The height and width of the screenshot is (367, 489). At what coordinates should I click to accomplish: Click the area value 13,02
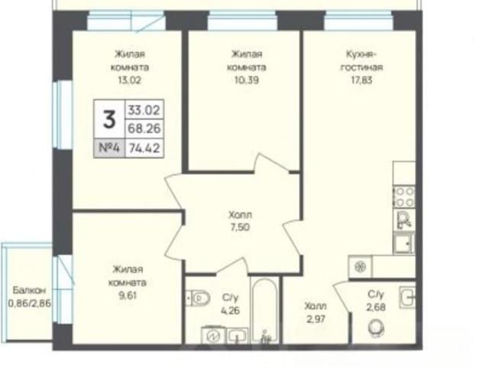pyautogui.click(x=129, y=80)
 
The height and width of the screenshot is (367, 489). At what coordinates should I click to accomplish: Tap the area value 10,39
pyautogui.click(x=246, y=80)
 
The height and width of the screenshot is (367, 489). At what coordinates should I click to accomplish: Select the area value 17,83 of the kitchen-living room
pyautogui.click(x=361, y=80)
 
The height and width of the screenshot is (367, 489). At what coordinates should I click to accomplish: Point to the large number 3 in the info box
pyautogui.click(x=109, y=119)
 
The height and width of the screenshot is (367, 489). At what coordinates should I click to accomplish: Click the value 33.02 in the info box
pyautogui.click(x=144, y=110)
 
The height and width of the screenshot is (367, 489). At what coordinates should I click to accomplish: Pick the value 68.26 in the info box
pyautogui.click(x=144, y=128)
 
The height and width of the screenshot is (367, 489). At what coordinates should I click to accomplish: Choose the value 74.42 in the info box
pyautogui.click(x=144, y=148)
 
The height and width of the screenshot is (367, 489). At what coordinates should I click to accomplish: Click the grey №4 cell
pyautogui.click(x=109, y=148)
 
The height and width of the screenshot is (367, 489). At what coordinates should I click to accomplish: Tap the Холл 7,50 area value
pyautogui.click(x=240, y=228)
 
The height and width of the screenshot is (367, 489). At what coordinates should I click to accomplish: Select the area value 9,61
pyautogui.click(x=128, y=295)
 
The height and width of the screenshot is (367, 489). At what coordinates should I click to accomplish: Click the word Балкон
pyautogui.click(x=29, y=291)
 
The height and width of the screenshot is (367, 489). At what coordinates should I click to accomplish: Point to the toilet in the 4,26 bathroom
pyautogui.click(x=199, y=298)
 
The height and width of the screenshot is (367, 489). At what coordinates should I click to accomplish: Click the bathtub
pyautogui.click(x=265, y=311)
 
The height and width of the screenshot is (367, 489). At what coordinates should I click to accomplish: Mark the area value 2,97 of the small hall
pyautogui.click(x=316, y=320)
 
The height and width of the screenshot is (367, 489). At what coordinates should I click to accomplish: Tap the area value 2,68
pyautogui.click(x=376, y=307)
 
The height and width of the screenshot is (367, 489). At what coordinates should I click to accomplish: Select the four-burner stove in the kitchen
pyautogui.click(x=404, y=197)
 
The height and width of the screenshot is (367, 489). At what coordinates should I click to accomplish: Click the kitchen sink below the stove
pyautogui.click(x=404, y=243)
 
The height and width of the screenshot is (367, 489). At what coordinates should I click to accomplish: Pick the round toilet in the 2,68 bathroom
pyautogui.click(x=376, y=328)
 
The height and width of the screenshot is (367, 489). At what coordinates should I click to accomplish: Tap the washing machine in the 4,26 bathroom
pyautogui.click(x=214, y=336)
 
